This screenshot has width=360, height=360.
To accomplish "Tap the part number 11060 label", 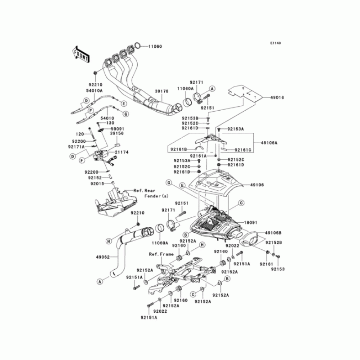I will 155,46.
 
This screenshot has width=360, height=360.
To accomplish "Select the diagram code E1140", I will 275,43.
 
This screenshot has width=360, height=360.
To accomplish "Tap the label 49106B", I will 274,233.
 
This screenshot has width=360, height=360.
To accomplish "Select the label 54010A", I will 95,91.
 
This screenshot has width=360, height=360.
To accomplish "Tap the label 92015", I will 98,184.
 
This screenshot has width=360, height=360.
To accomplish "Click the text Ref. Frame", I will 161,254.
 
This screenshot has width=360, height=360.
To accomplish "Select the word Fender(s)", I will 156,197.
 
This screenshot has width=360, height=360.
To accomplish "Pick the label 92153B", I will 190,118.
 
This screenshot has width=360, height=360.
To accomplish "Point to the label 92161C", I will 243,148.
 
